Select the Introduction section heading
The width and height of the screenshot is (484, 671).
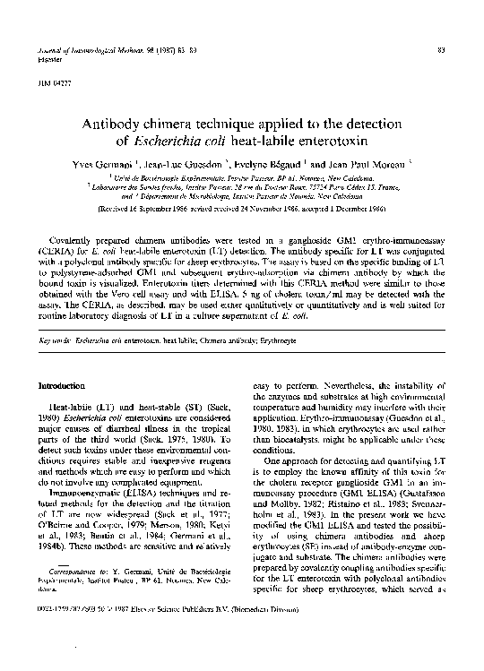(x=65, y=384)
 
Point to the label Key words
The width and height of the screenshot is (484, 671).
(x=56, y=341)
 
